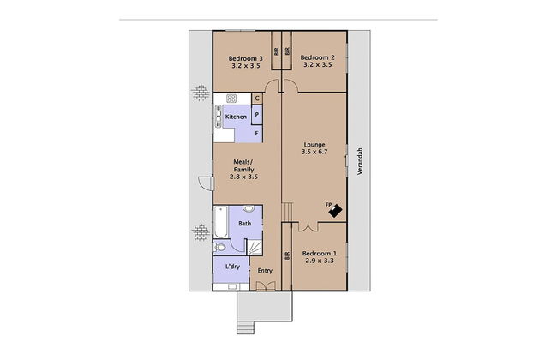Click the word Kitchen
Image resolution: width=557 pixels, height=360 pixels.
[x=236, y=117]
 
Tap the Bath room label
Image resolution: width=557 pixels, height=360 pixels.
[x=244, y=224]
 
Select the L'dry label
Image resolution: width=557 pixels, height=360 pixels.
[x=231, y=267]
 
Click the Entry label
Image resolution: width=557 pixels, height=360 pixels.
[x=266, y=272]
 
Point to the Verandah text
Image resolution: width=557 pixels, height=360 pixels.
[x=359, y=160]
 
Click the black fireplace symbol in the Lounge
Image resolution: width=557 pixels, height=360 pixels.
[x=334, y=208]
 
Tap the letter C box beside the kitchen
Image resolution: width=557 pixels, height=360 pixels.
[x=256, y=99]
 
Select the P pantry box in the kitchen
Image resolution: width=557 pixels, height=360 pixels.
[x=256, y=115]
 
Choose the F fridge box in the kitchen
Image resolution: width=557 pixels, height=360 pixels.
[x=256, y=133]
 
